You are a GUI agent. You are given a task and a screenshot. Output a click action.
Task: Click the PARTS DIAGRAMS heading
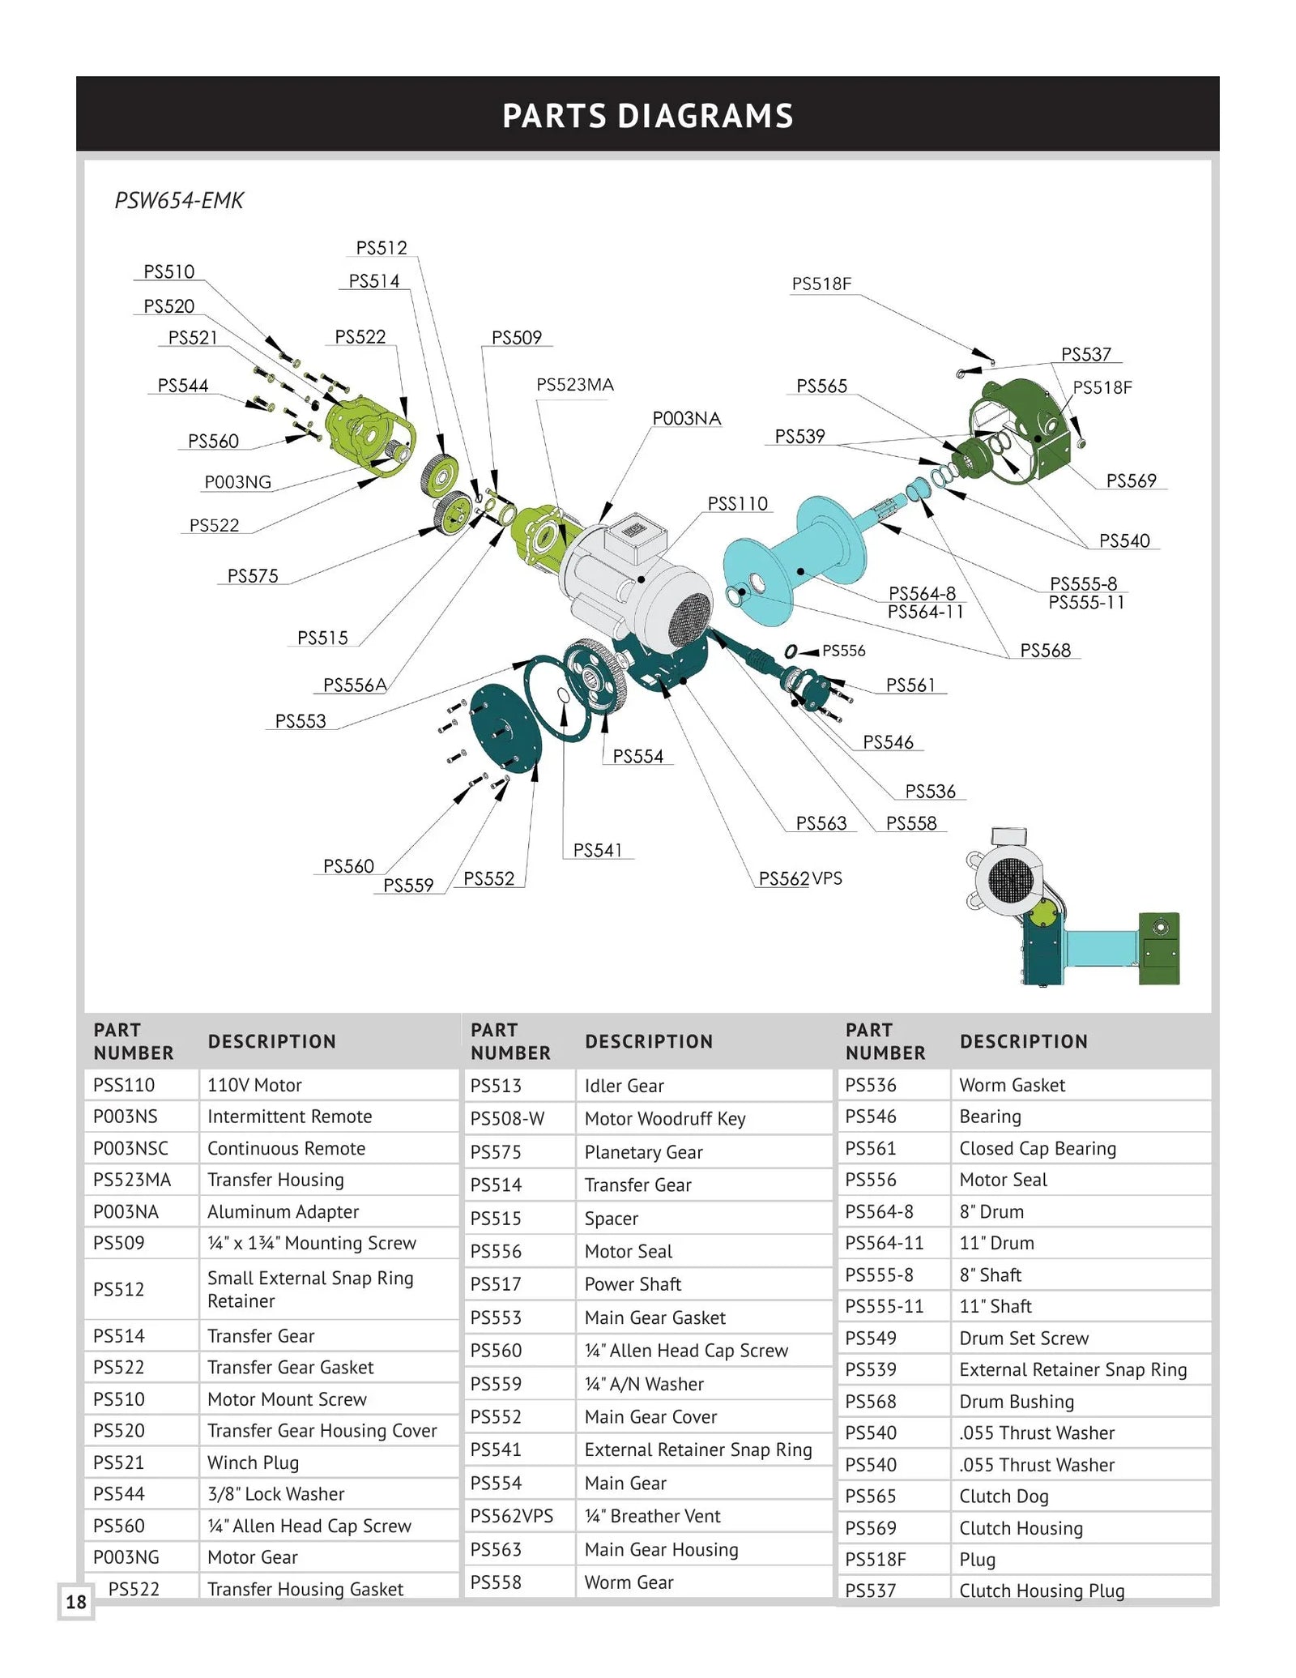click(x=647, y=116)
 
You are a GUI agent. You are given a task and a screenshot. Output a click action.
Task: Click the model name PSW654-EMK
click(x=179, y=200)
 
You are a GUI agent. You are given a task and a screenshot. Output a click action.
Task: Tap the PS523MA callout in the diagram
click(x=574, y=385)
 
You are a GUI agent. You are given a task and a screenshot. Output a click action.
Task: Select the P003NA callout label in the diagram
click(x=686, y=418)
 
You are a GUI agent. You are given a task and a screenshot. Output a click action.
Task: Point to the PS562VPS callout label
click(x=799, y=878)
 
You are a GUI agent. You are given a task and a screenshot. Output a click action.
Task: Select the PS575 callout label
click(x=252, y=576)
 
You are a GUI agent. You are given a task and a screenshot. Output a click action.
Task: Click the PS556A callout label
click(x=354, y=685)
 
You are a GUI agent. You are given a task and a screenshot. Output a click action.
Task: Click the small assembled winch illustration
click(x=1073, y=907)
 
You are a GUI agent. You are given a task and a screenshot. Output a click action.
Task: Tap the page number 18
click(x=76, y=1602)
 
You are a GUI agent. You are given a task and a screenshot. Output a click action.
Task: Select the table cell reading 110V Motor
click(x=254, y=1085)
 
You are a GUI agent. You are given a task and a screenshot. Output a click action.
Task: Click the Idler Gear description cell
click(x=624, y=1086)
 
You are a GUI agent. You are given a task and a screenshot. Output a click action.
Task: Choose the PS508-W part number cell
click(x=507, y=1119)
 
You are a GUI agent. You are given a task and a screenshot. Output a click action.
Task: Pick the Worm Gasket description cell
click(x=1012, y=1085)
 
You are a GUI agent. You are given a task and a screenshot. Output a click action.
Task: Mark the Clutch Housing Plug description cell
click(x=1041, y=1590)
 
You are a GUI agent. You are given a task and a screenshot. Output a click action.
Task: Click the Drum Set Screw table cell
click(x=1023, y=1338)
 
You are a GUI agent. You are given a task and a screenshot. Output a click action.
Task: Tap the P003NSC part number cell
click(x=130, y=1148)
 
